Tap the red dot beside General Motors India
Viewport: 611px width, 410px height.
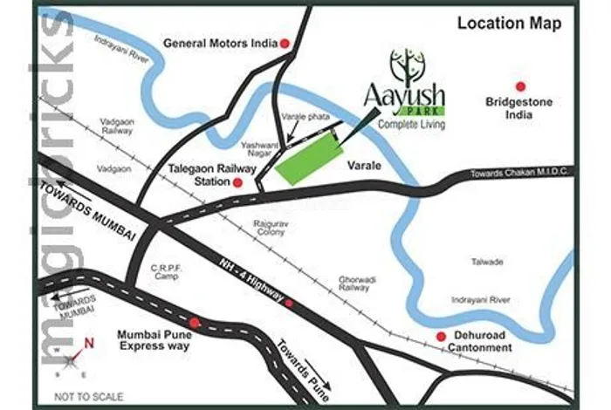tap(285, 43)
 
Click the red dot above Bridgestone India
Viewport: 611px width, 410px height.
tap(520, 86)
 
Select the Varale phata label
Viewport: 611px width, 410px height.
tap(301, 116)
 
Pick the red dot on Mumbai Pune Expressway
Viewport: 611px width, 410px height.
tap(195, 323)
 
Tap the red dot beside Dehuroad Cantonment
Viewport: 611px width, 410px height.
tap(441, 336)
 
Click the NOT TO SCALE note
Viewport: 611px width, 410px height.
tap(88, 397)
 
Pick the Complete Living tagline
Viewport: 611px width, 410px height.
tap(412, 125)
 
